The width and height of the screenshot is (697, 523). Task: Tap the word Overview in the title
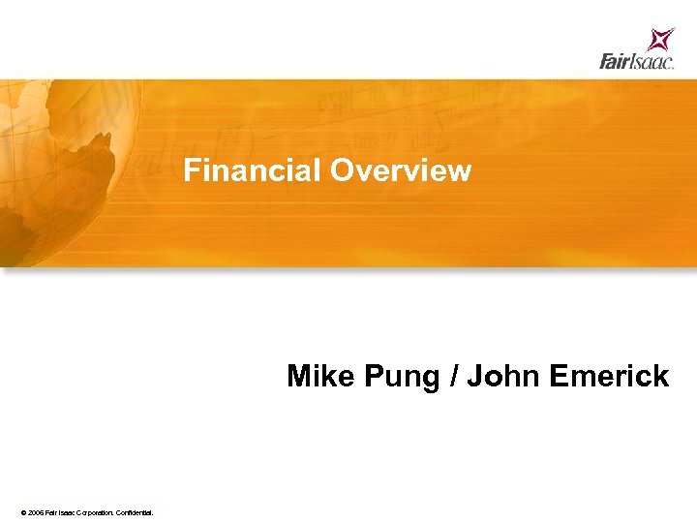(x=400, y=171)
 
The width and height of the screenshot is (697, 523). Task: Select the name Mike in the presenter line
(x=322, y=376)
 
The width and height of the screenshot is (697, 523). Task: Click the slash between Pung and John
(x=454, y=376)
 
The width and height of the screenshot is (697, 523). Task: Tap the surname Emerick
(x=608, y=376)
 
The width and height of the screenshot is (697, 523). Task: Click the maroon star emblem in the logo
(x=661, y=40)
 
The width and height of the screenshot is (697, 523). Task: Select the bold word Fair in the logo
(x=616, y=62)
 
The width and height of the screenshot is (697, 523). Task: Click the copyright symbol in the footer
(x=22, y=511)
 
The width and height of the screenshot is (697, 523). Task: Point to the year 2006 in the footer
(x=36, y=511)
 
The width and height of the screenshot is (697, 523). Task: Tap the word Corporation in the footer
(x=92, y=511)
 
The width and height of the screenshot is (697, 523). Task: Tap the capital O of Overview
(x=341, y=171)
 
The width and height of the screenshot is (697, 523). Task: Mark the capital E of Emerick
(x=558, y=376)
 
